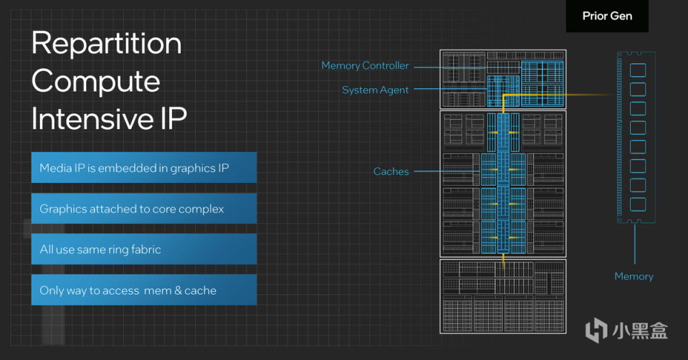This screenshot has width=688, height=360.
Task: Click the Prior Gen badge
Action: tap(607, 16)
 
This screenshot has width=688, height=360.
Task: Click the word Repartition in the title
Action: tap(107, 44)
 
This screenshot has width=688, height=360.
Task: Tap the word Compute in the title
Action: tap(95, 81)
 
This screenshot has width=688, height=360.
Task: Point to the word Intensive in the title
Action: tap(92, 118)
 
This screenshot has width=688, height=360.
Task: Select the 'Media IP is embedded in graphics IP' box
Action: tap(144, 168)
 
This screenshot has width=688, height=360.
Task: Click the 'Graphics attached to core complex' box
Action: tap(144, 209)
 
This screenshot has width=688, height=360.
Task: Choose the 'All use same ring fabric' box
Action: tap(144, 250)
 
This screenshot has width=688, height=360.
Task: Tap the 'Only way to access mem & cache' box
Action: tap(144, 290)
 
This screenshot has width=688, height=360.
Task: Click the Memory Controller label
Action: tap(365, 66)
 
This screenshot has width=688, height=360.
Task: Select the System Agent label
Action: tap(375, 90)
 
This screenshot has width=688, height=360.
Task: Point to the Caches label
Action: tap(391, 171)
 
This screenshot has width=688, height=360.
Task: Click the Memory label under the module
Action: tap(634, 276)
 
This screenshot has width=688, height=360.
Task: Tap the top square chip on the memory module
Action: tap(638, 70)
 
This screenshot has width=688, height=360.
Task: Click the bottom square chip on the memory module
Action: tap(638, 204)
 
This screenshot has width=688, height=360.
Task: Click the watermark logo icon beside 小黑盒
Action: tap(596, 330)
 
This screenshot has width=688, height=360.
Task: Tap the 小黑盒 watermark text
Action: tap(640, 331)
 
